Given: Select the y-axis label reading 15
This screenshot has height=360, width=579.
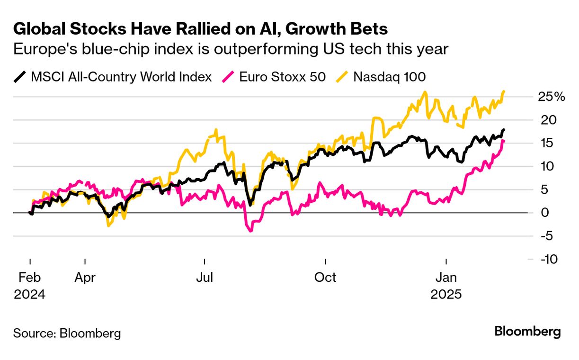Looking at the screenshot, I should point(547,143).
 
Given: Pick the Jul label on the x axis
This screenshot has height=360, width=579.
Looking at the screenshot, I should point(205,277).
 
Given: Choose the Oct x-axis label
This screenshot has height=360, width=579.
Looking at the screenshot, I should point(325,277).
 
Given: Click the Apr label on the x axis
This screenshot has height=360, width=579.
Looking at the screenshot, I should point(85,277).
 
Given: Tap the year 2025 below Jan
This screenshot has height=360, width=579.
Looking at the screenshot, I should point(445,294).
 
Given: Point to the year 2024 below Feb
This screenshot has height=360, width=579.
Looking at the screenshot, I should point(30,294).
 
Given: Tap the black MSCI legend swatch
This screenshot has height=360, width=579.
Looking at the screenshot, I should point(20,77).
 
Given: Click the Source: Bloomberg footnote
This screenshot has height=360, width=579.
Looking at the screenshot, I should point(67,333).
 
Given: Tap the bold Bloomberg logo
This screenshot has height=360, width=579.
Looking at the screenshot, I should point(527,332).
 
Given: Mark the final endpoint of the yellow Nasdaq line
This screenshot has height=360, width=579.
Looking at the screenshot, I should point(504,91).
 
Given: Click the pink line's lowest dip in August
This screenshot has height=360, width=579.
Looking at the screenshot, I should point(250,231).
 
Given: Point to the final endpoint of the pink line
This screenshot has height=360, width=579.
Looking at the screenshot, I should point(504,141).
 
